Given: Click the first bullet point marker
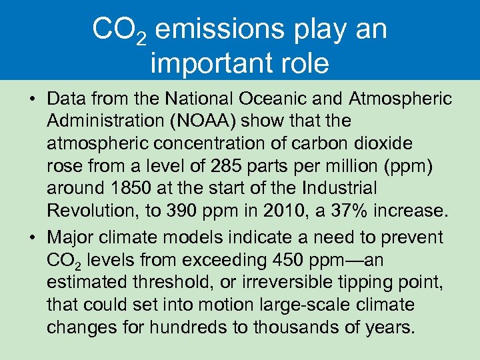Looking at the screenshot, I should point(32,100).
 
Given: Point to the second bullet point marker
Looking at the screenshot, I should point(32,238).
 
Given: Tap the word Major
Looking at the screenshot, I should point(71,237).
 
